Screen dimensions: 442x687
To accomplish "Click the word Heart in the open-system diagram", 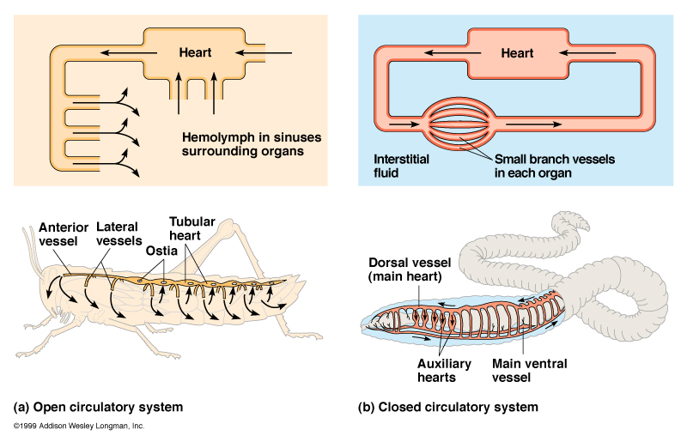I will [195, 53].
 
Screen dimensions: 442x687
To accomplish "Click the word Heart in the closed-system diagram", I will [517, 53].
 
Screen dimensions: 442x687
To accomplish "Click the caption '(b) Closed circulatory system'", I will [447, 406].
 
